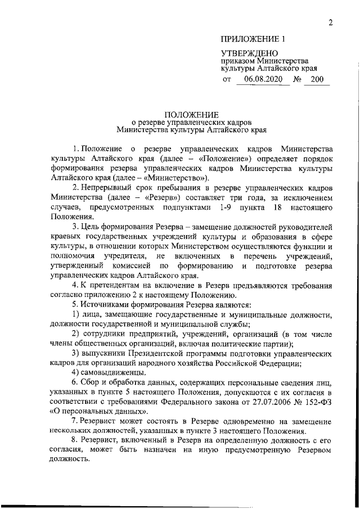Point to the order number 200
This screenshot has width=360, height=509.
point(317,80)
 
